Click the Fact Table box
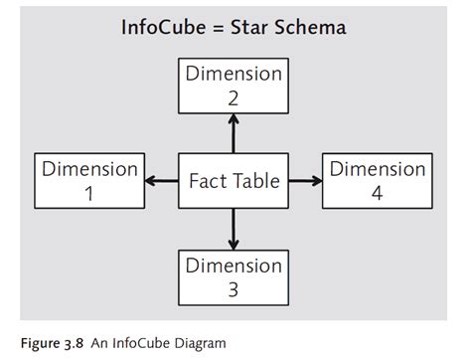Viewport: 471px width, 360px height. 234,181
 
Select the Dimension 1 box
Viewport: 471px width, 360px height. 89,181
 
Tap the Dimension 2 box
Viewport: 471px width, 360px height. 234,86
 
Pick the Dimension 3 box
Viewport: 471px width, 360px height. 234,277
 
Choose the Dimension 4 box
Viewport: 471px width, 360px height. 378,181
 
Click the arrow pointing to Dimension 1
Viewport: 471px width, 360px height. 160,181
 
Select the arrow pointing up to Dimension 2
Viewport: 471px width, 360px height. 234,131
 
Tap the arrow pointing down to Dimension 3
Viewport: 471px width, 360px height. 234,231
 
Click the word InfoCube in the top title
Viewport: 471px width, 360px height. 161,28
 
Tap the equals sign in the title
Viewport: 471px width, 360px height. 220,28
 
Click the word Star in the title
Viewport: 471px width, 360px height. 252,28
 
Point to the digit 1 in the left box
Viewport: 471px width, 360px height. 89,194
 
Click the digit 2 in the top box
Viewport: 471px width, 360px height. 234,98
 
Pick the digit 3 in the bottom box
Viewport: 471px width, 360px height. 234,290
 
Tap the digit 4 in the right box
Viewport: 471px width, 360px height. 378,194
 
